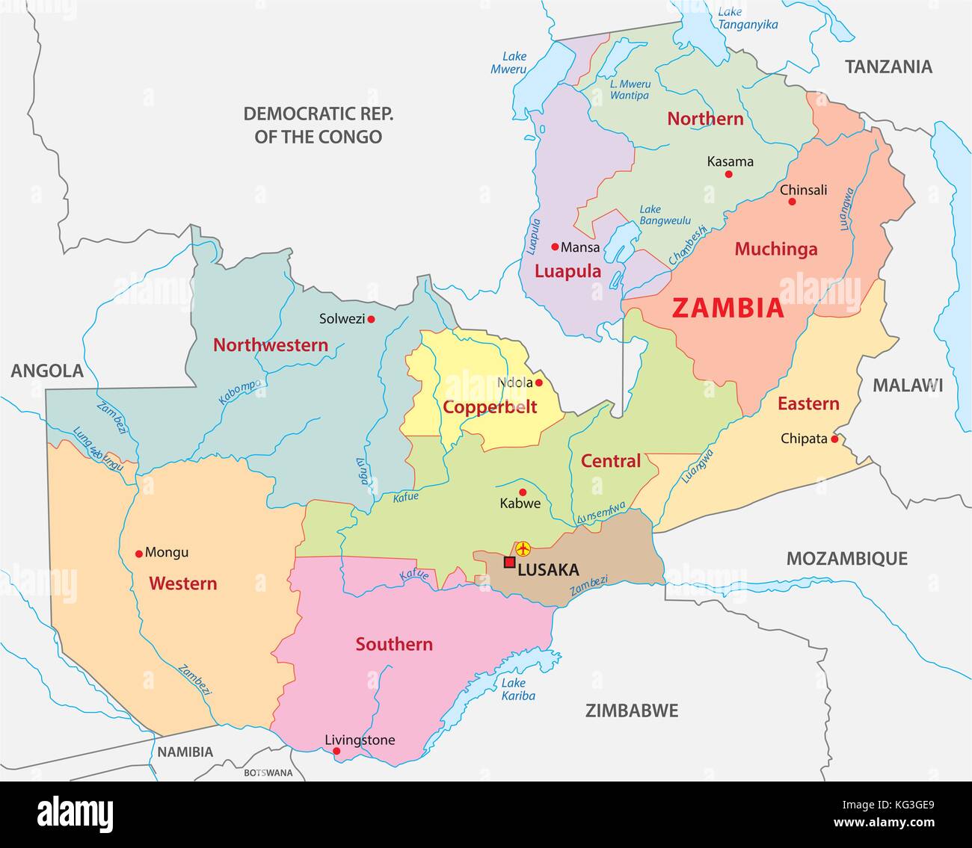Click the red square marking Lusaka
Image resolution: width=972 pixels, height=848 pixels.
509,563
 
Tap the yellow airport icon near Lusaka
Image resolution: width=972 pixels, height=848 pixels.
523,549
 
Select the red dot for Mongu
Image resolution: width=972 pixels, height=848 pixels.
138,554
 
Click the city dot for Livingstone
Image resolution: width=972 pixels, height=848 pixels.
336,751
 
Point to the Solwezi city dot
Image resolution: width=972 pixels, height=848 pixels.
371,319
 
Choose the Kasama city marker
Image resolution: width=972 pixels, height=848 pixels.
728,174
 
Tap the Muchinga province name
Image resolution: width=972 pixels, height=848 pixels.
775,250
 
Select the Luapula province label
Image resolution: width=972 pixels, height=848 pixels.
567,272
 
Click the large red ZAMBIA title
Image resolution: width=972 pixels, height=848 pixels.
728,308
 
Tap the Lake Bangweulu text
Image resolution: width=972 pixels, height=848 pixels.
660,215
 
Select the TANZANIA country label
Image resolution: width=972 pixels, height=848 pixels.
888,66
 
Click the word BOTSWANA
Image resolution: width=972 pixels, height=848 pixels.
268,773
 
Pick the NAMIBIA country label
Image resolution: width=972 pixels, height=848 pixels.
185,752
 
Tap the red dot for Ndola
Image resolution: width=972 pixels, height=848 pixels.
538,383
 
